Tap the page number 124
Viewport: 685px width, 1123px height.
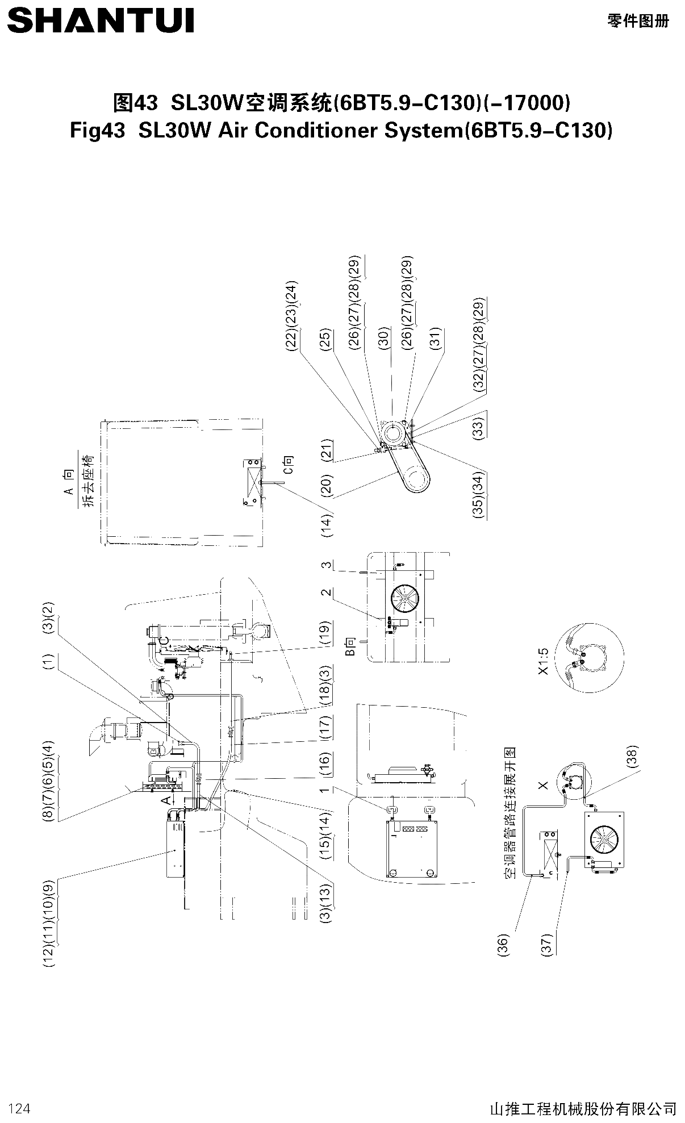19,1108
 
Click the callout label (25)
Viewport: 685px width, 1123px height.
325,339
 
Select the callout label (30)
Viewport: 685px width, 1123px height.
383,339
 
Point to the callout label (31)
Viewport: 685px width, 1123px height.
436,339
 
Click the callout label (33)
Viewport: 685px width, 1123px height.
479,424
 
